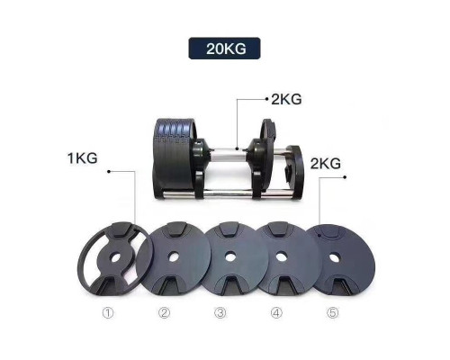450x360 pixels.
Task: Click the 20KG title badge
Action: [224, 49]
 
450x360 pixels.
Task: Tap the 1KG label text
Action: [83, 158]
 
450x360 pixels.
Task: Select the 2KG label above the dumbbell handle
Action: [286, 99]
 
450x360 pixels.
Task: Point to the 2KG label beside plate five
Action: [326, 164]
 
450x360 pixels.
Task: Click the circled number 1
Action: [108, 313]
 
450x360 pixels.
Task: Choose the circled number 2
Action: [164, 313]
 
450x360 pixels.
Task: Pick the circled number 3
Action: [220, 313]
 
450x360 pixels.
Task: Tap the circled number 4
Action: [276, 313]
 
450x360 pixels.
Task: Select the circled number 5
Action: [332, 313]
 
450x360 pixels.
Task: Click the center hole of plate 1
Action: [116, 257]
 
